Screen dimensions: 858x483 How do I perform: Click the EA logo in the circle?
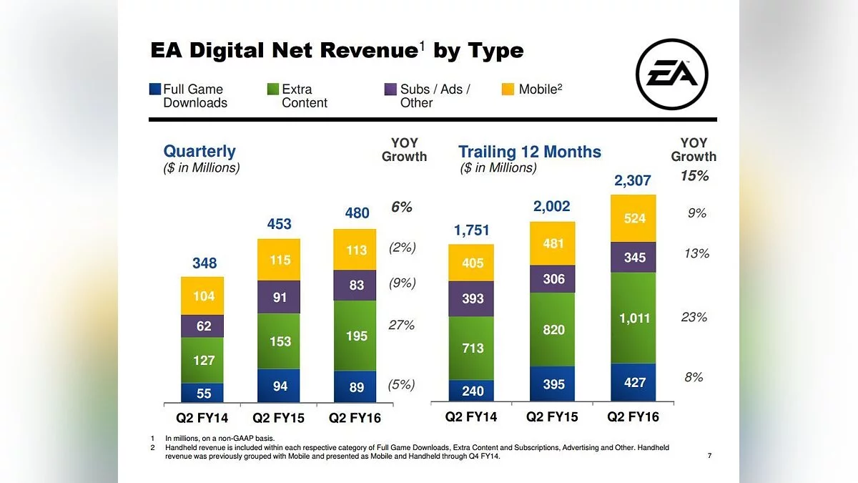[x=672, y=74]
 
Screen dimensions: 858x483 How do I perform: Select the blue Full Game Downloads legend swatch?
[x=154, y=89]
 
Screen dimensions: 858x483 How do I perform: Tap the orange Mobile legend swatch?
[x=508, y=89]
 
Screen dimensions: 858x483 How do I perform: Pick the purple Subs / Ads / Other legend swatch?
[x=390, y=89]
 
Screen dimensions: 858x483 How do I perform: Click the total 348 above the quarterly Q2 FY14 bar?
[x=204, y=263]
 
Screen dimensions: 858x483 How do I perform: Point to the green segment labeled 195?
[x=355, y=336]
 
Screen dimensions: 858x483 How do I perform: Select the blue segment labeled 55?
[x=202, y=393]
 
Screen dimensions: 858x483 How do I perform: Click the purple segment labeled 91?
[x=278, y=297]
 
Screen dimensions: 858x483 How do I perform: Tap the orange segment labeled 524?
[x=633, y=218]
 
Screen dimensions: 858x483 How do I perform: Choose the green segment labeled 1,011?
[x=633, y=318]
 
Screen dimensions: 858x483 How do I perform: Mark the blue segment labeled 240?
[x=471, y=391]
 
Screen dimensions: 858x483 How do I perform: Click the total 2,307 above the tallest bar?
[x=632, y=180]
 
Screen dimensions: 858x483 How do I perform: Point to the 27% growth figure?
[x=401, y=325]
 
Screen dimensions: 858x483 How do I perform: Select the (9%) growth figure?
[x=402, y=283]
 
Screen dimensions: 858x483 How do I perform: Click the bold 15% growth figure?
[x=694, y=176]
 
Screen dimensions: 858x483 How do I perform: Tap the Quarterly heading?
[x=199, y=151]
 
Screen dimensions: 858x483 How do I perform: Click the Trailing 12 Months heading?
[x=530, y=152]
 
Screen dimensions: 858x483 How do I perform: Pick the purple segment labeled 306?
[x=552, y=278]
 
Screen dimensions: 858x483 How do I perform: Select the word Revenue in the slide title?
[x=369, y=51]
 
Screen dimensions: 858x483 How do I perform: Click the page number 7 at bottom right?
[x=709, y=455]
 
